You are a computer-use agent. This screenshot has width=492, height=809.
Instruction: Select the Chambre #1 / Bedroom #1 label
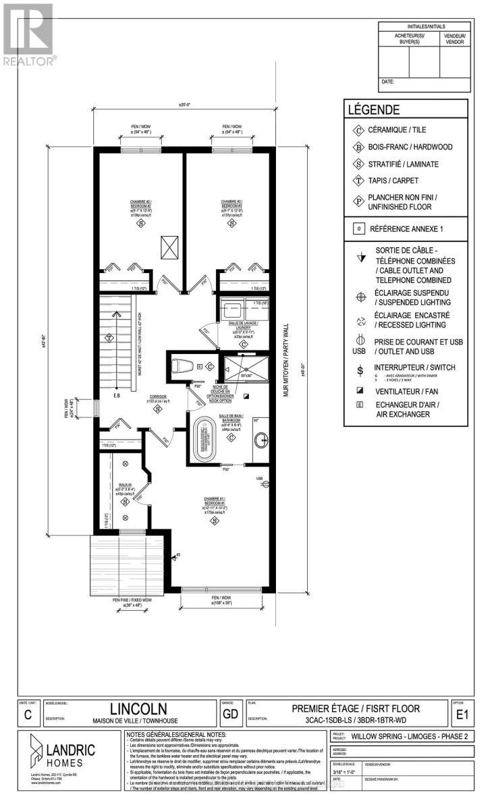pyautogui.click(x=222, y=503)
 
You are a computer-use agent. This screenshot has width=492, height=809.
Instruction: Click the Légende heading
pyautogui.click(x=373, y=110)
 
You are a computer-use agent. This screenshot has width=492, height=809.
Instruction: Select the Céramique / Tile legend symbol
pyautogui.click(x=358, y=130)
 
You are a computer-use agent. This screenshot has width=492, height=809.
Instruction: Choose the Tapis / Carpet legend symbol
pyautogui.click(x=358, y=180)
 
